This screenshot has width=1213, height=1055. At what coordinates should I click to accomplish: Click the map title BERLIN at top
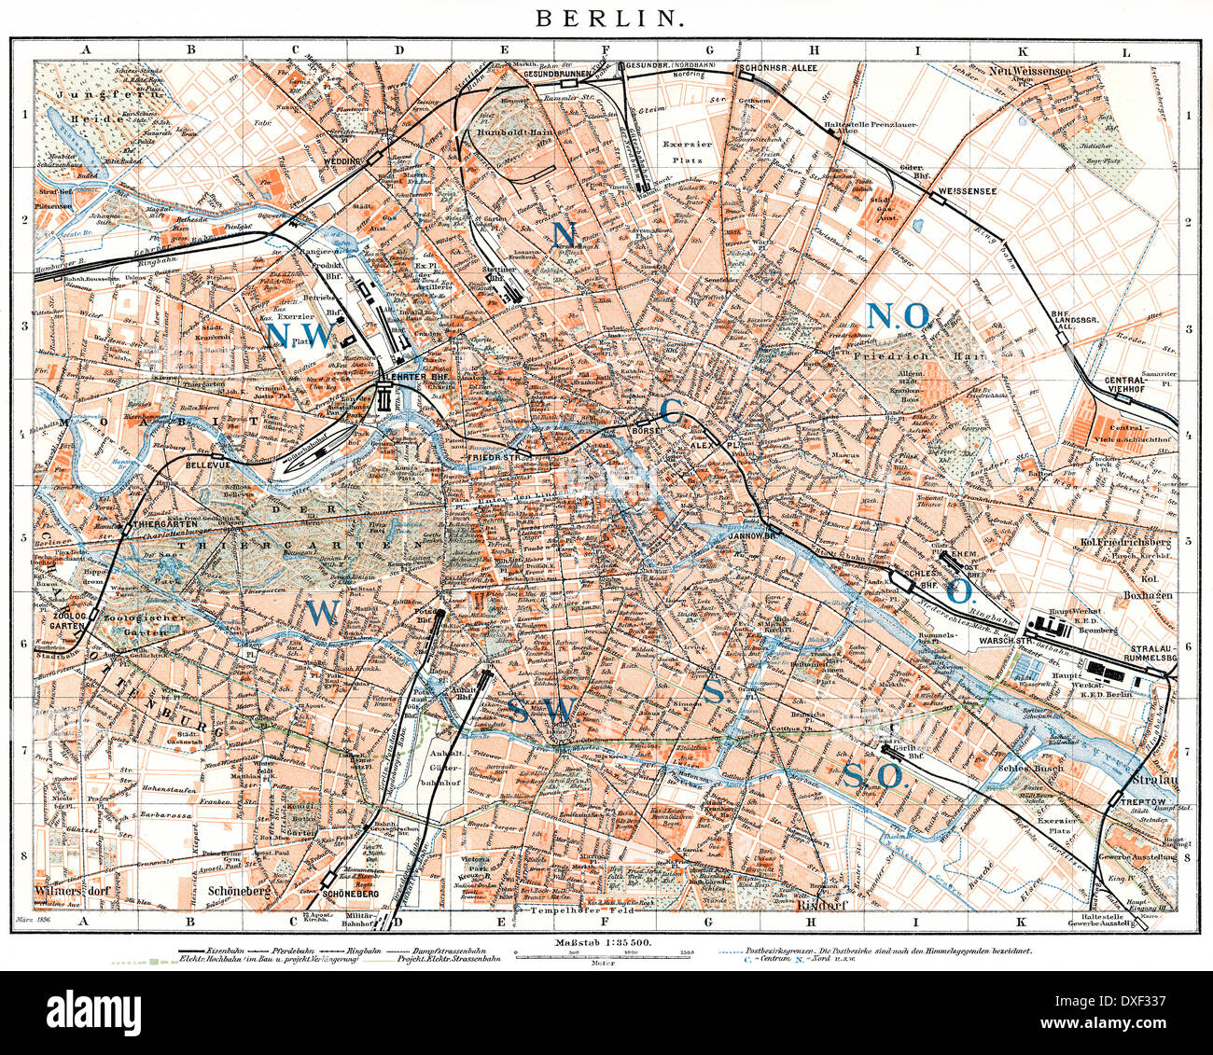click(x=606, y=17)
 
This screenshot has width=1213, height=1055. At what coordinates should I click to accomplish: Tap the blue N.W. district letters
click(x=299, y=334)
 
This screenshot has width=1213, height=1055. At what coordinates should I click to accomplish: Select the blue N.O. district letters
click(x=898, y=316)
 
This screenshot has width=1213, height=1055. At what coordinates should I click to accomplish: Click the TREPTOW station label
click(x=1135, y=812)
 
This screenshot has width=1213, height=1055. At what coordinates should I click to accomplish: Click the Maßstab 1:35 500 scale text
click(x=606, y=945)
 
